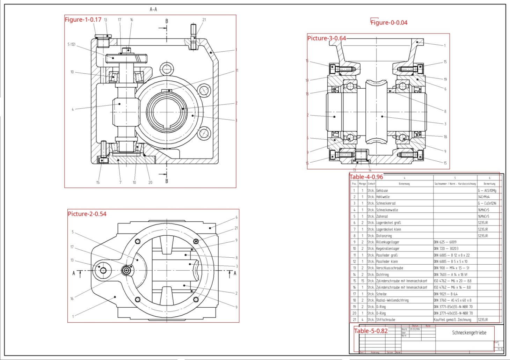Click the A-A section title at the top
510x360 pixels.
pyautogui.click(x=153, y=9)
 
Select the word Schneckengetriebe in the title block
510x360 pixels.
pyautogui.click(x=469, y=333)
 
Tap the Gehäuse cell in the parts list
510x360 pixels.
pyautogui.click(x=382, y=191)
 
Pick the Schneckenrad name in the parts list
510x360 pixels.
pyautogui.click(x=386, y=203)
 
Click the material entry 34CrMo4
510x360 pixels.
pyautogui.click(x=483, y=197)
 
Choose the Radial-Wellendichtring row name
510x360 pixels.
pyautogui.click(x=392, y=300)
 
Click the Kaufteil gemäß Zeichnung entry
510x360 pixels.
pyautogui.click(x=452, y=319)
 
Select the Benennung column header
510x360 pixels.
pyautogui.click(x=404, y=184)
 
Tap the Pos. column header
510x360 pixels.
pyautogui.click(x=354, y=184)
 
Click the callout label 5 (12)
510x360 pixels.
pyautogui.click(x=71, y=44)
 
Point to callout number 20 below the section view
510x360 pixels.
pyautogui.click(x=150, y=182)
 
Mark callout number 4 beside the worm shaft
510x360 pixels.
pyautogui.click(x=73, y=109)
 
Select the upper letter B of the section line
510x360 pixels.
pyautogui.click(x=167, y=21)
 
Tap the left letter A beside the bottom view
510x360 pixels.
pyautogui.click(x=74, y=273)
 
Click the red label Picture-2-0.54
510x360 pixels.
pyautogui.click(x=87, y=214)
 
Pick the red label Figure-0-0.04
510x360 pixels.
pyautogui.click(x=389, y=23)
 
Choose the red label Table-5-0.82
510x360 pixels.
pyautogui.click(x=371, y=331)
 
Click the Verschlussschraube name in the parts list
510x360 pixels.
pyautogui.click(x=389, y=268)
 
